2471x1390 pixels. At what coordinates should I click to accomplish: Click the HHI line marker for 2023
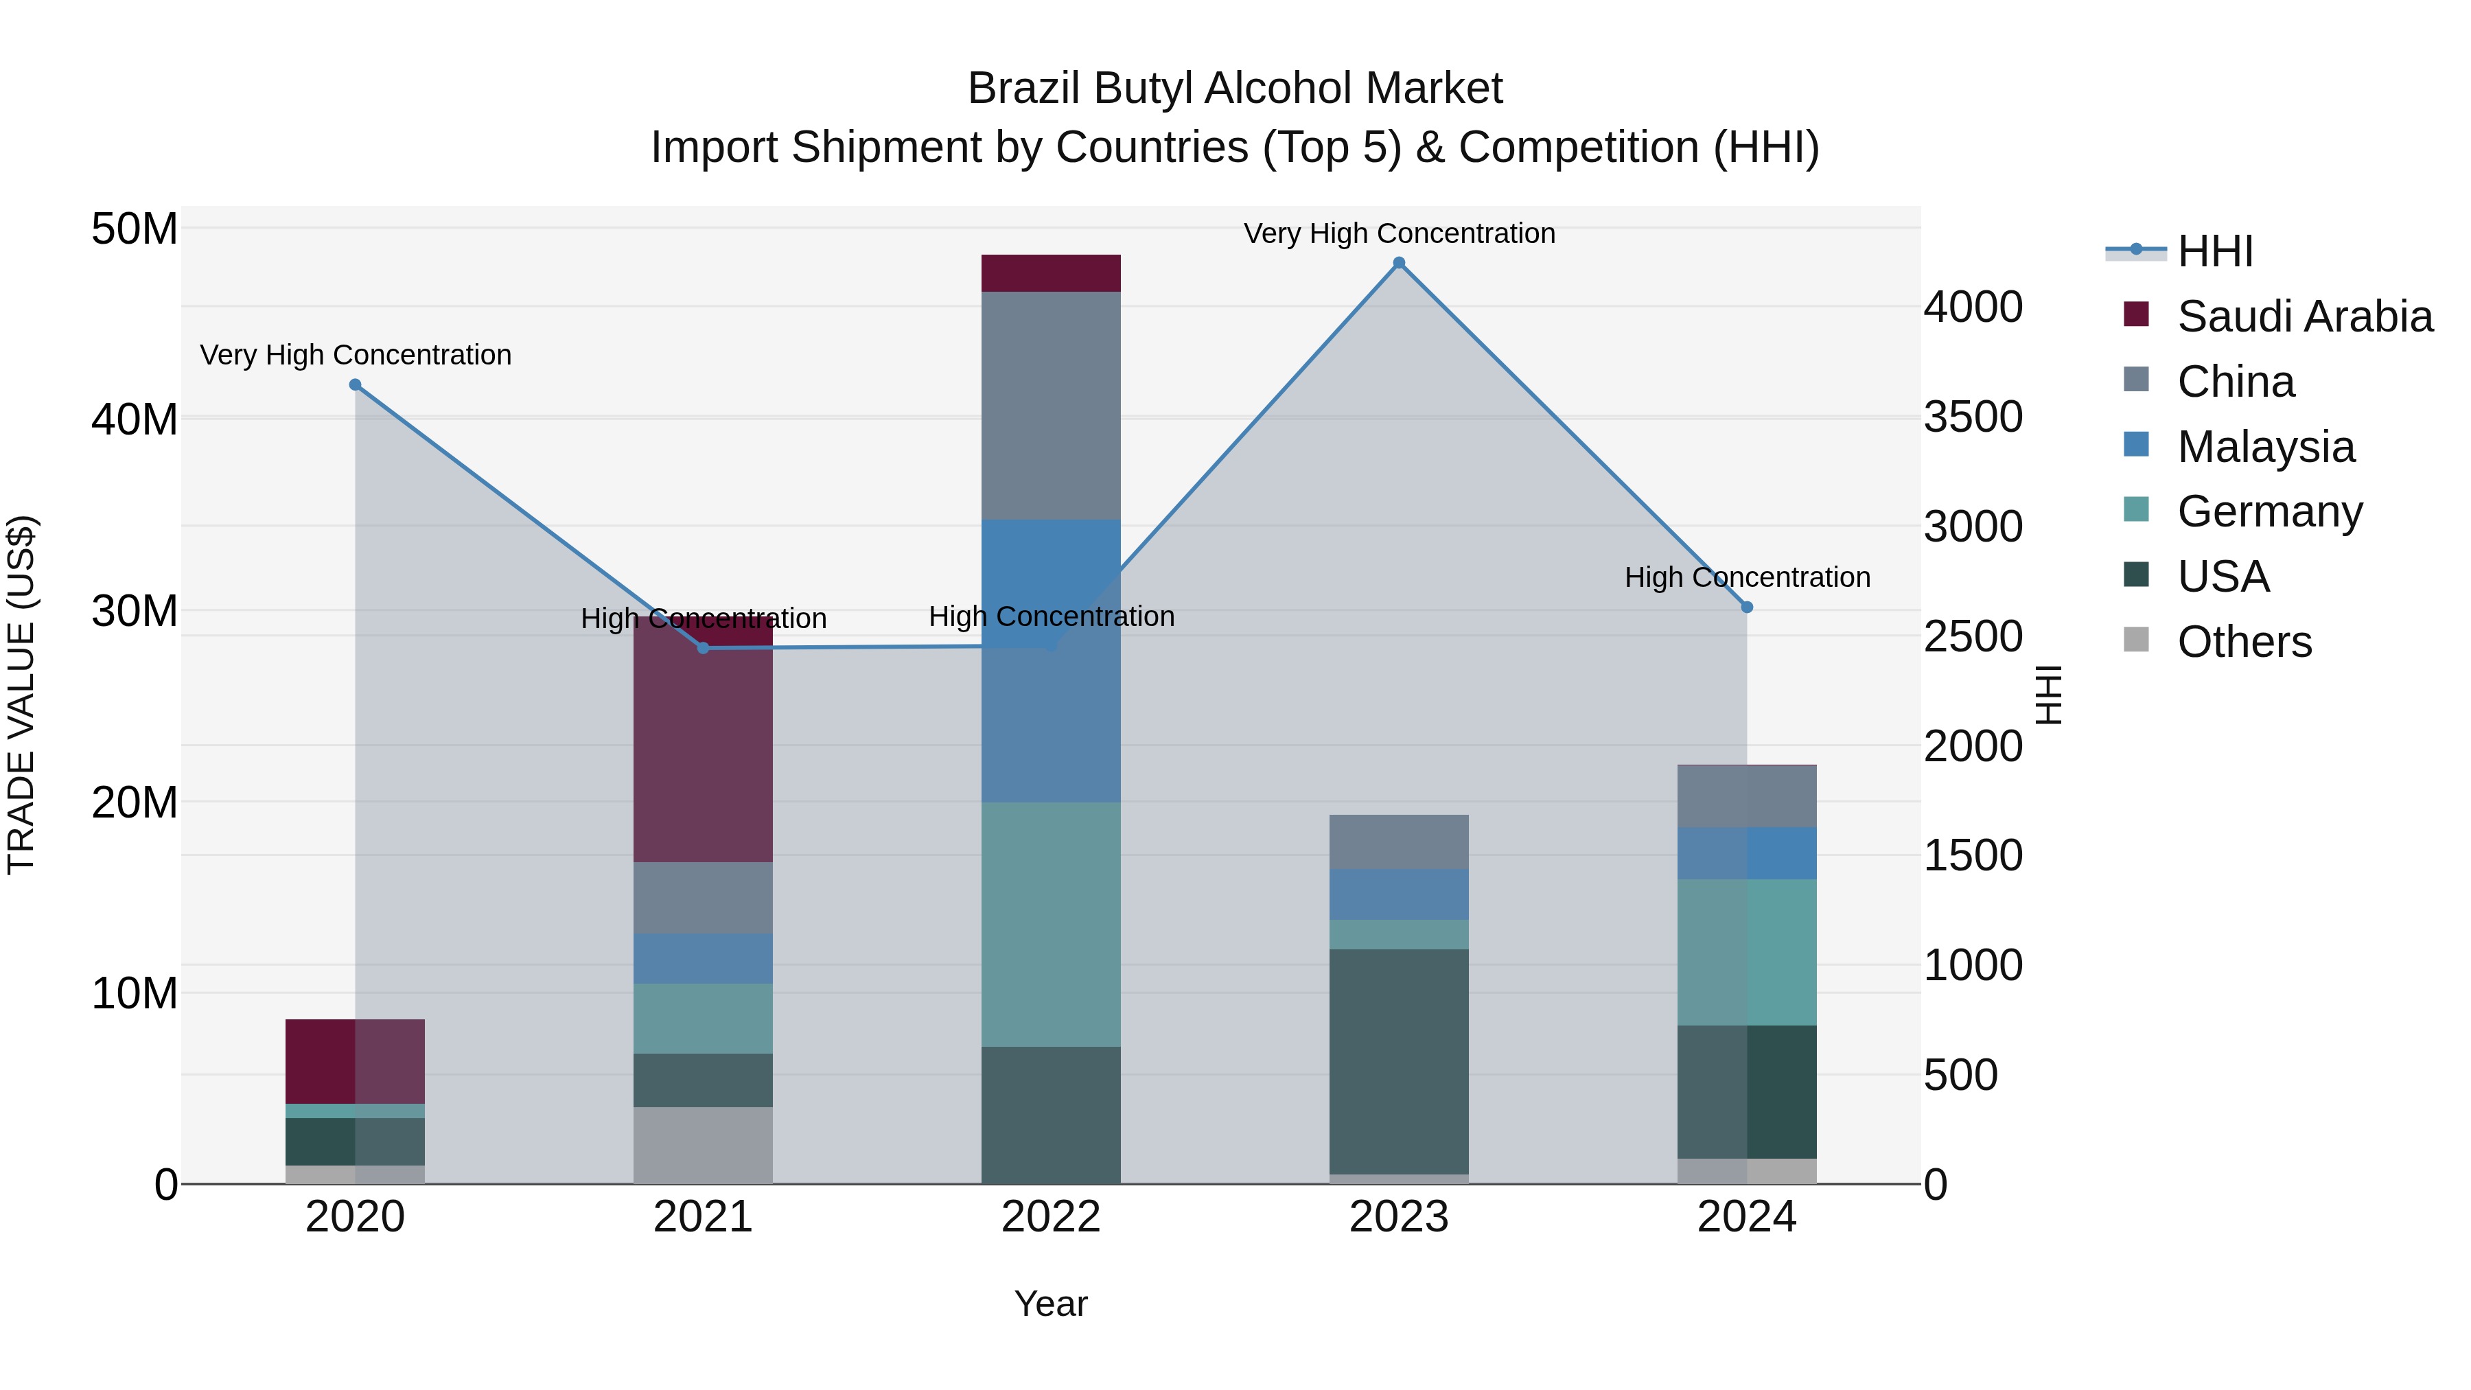pyautogui.click(x=1399, y=263)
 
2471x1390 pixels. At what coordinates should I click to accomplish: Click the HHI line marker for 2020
pyautogui.click(x=355, y=384)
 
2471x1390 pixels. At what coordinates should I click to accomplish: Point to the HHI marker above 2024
pyautogui.click(x=1747, y=607)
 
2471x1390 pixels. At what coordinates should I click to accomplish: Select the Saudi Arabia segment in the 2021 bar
pyautogui.click(x=703, y=739)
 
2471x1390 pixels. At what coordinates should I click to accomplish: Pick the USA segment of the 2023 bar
pyautogui.click(x=1399, y=1061)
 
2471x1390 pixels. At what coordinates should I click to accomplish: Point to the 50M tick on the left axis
pyautogui.click(x=135, y=229)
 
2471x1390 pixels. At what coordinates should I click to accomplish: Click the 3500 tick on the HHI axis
pyautogui.click(x=1973, y=417)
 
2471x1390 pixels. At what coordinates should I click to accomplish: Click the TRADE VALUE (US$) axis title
pyautogui.click(x=21, y=695)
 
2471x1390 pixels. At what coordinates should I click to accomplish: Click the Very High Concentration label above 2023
pyautogui.click(x=1399, y=233)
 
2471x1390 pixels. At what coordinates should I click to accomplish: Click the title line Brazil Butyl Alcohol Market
pyautogui.click(x=1235, y=89)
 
